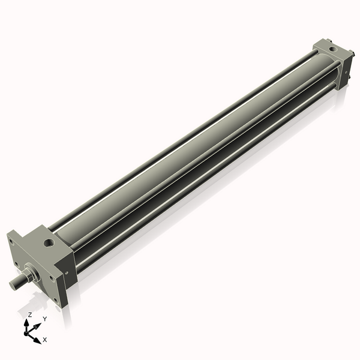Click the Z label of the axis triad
click(30, 314)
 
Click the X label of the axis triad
click(44, 340)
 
